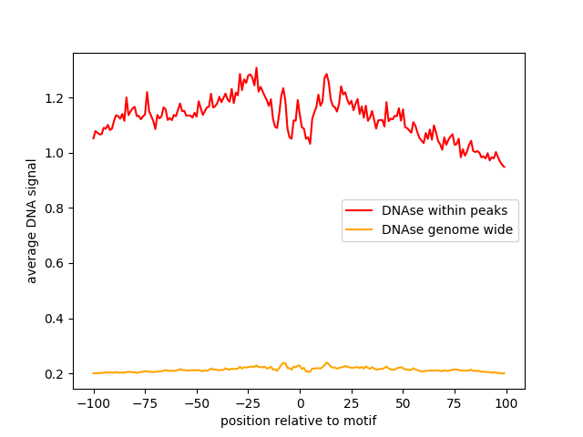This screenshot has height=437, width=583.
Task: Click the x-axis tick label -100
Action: tap(93, 403)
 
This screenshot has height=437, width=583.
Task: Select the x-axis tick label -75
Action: tap(145, 403)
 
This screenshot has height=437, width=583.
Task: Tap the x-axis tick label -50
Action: tap(196, 403)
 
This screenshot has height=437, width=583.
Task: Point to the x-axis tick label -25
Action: tap(248, 403)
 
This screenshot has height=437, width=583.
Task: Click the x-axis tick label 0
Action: tap(300, 403)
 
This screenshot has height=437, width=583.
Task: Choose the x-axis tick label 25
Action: tap(352, 403)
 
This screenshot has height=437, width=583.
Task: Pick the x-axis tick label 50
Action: tap(403, 403)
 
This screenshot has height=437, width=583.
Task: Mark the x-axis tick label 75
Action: tap(455, 403)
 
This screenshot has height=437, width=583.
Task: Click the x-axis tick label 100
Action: tap(506, 403)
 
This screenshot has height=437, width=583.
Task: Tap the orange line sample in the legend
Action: tap(360, 230)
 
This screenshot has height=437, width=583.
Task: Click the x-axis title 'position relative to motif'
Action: tap(299, 421)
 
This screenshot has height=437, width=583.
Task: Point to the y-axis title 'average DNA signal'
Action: tap(32, 221)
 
